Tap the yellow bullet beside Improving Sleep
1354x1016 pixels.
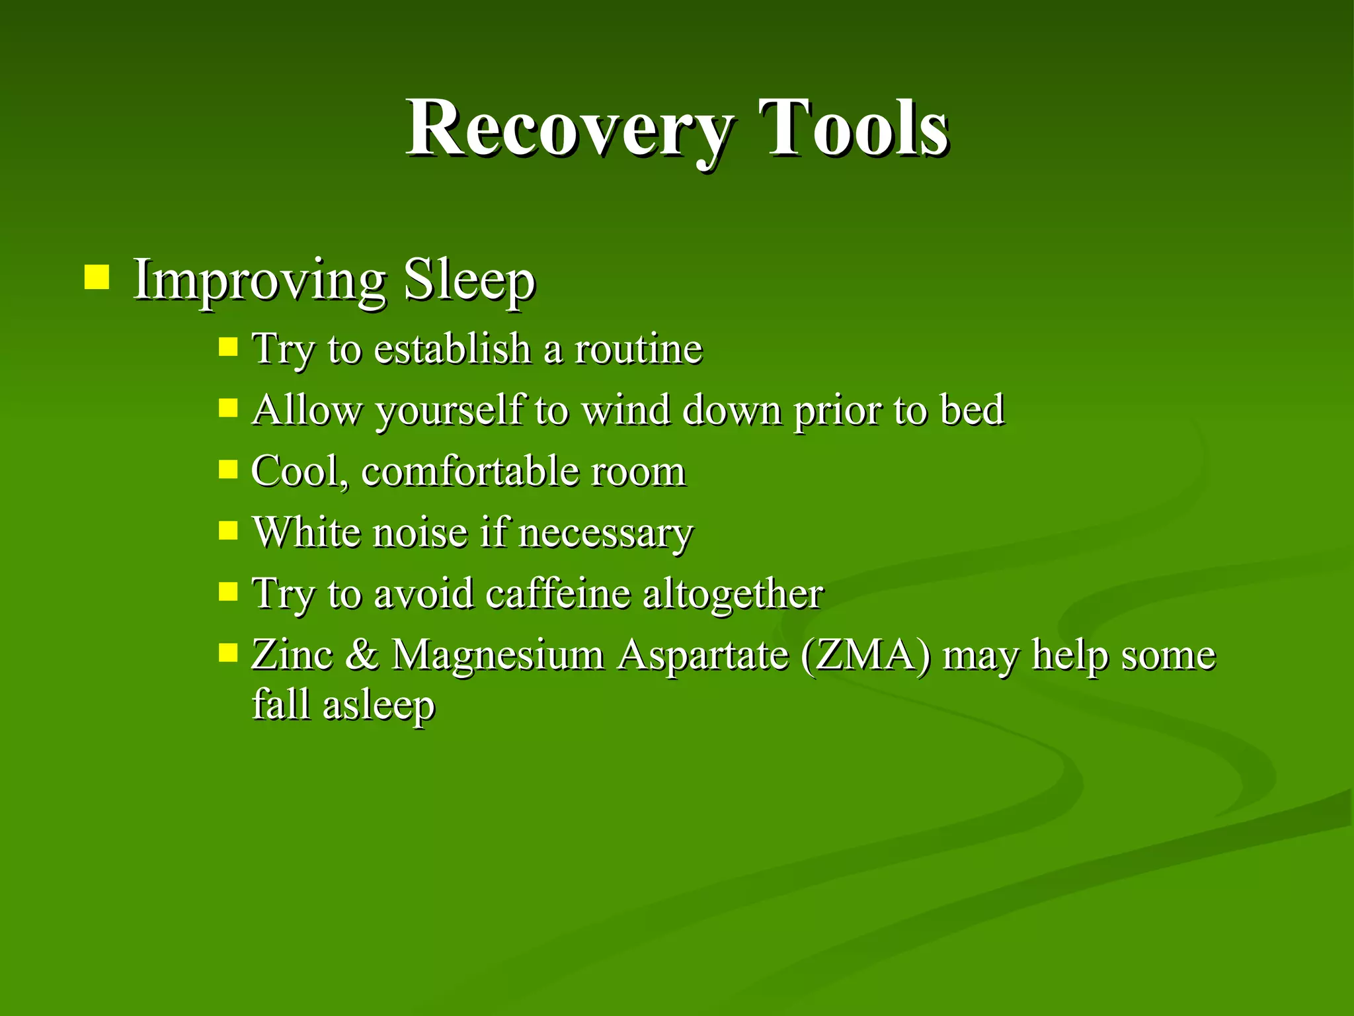point(97,278)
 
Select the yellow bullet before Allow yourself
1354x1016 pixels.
point(227,408)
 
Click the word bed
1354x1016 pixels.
point(972,409)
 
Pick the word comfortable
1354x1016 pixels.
point(470,471)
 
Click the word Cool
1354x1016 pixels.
point(298,471)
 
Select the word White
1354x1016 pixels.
point(307,532)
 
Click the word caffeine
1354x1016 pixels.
point(558,593)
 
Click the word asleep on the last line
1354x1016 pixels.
point(378,705)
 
